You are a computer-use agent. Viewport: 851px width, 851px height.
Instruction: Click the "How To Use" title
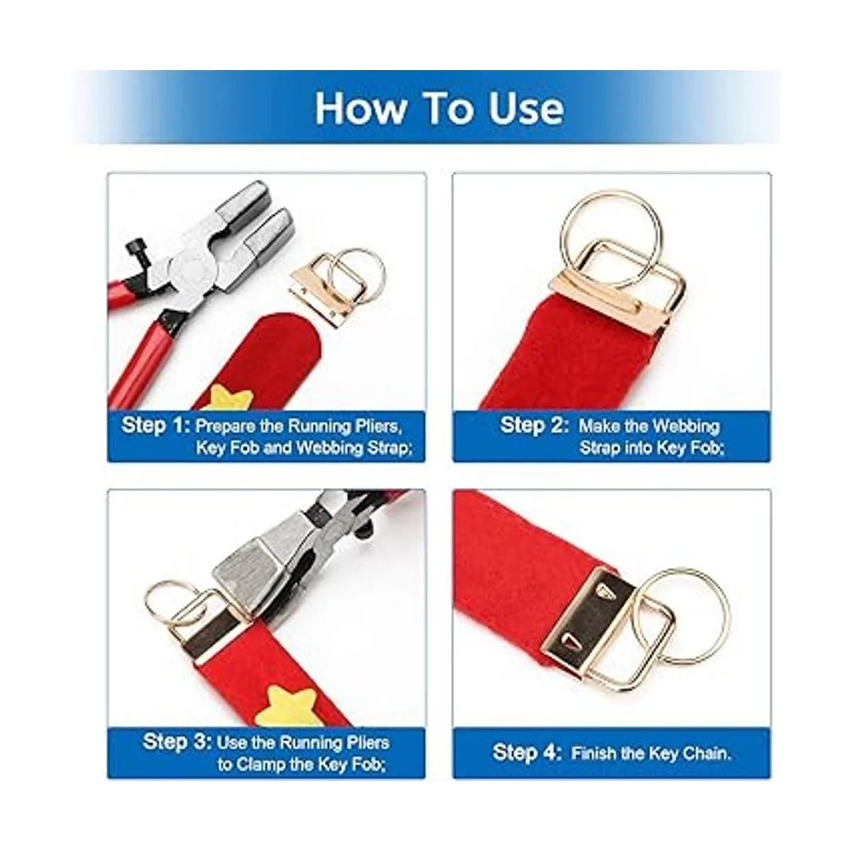tap(439, 109)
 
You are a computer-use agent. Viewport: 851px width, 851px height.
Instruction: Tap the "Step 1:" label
tap(155, 425)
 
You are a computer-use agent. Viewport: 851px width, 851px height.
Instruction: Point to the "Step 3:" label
tap(177, 742)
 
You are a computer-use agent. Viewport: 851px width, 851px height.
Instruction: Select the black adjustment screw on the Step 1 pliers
tap(138, 250)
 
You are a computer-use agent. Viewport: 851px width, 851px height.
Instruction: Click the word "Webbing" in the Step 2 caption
tap(684, 427)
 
